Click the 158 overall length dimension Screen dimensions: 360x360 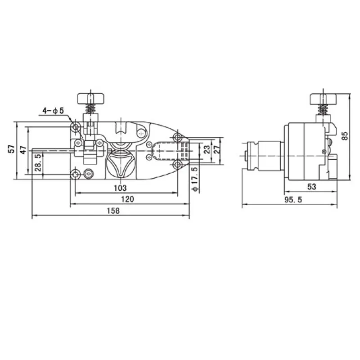[x=113, y=211]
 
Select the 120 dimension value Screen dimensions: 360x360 [x=127, y=199]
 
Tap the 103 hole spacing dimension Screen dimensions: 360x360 [x=120, y=188]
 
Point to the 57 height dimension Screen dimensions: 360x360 [x=11, y=149]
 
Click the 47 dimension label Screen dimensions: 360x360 [x=23, y=150]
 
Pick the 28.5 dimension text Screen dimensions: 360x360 [x=38, y=162]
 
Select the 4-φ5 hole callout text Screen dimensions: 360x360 [x=53, y=111]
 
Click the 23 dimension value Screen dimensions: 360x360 [x=207, y=149]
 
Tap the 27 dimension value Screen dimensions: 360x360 [x=217, y=149]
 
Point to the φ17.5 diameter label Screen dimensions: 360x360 [x=195, y=179]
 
